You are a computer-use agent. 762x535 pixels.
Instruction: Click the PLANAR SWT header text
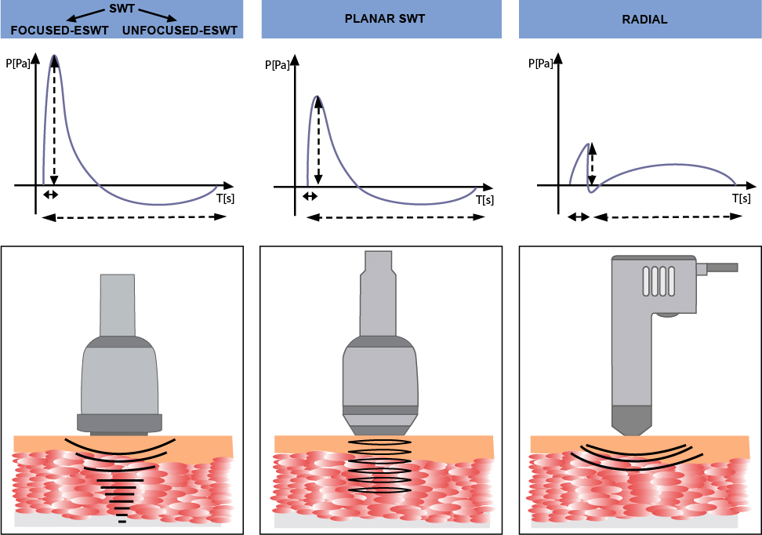pos(385,19)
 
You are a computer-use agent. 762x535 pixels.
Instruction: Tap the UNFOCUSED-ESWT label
pos(180,31)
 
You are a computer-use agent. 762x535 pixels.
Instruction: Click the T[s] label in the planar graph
pos(484,200)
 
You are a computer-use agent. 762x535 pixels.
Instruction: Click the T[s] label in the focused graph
pos(225,198)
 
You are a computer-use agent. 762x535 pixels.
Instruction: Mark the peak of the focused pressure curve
pos(54,56)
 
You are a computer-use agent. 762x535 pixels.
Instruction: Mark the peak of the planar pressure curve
pos(317,96)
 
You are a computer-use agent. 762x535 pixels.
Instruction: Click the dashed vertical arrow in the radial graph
pos(592,166)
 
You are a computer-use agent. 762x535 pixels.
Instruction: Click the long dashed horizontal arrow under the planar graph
pos(395,217)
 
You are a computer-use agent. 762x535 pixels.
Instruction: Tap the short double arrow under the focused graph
pos(50,195)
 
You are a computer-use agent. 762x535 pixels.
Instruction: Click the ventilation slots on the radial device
pos(659,282)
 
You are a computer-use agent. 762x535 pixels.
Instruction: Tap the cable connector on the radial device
pos(717,268)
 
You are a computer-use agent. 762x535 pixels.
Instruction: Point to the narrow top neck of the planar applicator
pos(379,262)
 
